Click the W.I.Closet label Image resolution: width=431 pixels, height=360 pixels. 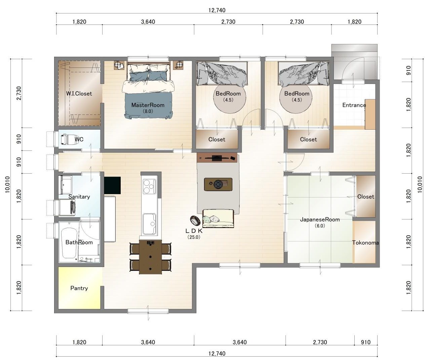pyautogui.click(x=79, y=94)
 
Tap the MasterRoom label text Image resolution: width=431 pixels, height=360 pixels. pyautogui.click(x=148, y=105)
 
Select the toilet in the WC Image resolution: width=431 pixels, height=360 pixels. pyautogui.click(x=65, y=139)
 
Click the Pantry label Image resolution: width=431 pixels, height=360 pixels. pyautogui.click(x=79, y=288)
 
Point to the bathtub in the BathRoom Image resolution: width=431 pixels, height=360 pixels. pyautogui.click(x=69, y=243)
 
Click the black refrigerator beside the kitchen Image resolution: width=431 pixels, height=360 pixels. pyautogui.click(x=112, y=185)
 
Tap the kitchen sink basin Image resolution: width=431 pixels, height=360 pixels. pyautogui.click(x=149, y=224)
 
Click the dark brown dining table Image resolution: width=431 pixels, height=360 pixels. pyautogui.click(x=150, y=257)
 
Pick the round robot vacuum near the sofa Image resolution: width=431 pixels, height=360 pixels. pyautogui.click(x=195, y=220)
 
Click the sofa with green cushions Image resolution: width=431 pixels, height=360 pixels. pyautogui.click(x=218, y=219)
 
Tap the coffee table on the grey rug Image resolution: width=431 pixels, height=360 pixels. pyautogui.click(x=218, y=184)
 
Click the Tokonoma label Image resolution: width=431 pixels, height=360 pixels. pyautogui.click(x=365, y=243)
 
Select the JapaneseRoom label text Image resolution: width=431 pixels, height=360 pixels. pyautogui.click(x=320, y=220)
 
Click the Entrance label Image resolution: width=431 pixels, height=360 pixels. pyautogui.click(x=354, y=105)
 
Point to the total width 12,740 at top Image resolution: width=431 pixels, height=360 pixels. pyautogui.click(x=217, y=10)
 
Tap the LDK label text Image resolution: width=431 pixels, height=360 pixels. pyautogui.click(x=194, y=231)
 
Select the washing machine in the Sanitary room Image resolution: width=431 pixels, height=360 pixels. pyautogui.click(x=67, y=207)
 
